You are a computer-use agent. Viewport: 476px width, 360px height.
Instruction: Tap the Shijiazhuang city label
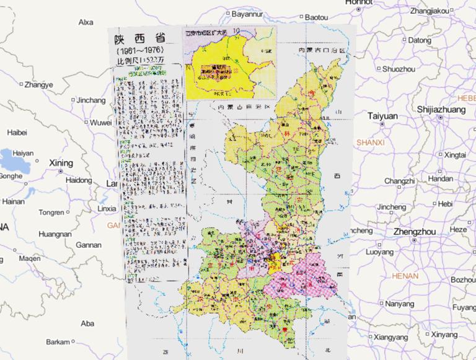pyautogui.click(x=440, y=110)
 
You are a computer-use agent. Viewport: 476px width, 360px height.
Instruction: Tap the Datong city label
pyautogui.click(x=420, y=40)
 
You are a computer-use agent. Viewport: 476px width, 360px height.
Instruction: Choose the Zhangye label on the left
pyautogui.click(x=39, y=84)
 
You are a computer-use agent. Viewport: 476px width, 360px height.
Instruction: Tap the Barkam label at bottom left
pyautogui.click(x=58, y=342)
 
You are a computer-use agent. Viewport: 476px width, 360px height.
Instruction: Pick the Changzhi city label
pyautogui.click(x=399, y=180)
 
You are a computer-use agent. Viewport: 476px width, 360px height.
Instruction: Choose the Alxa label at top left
pyautogui.click(x=86, y=22)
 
